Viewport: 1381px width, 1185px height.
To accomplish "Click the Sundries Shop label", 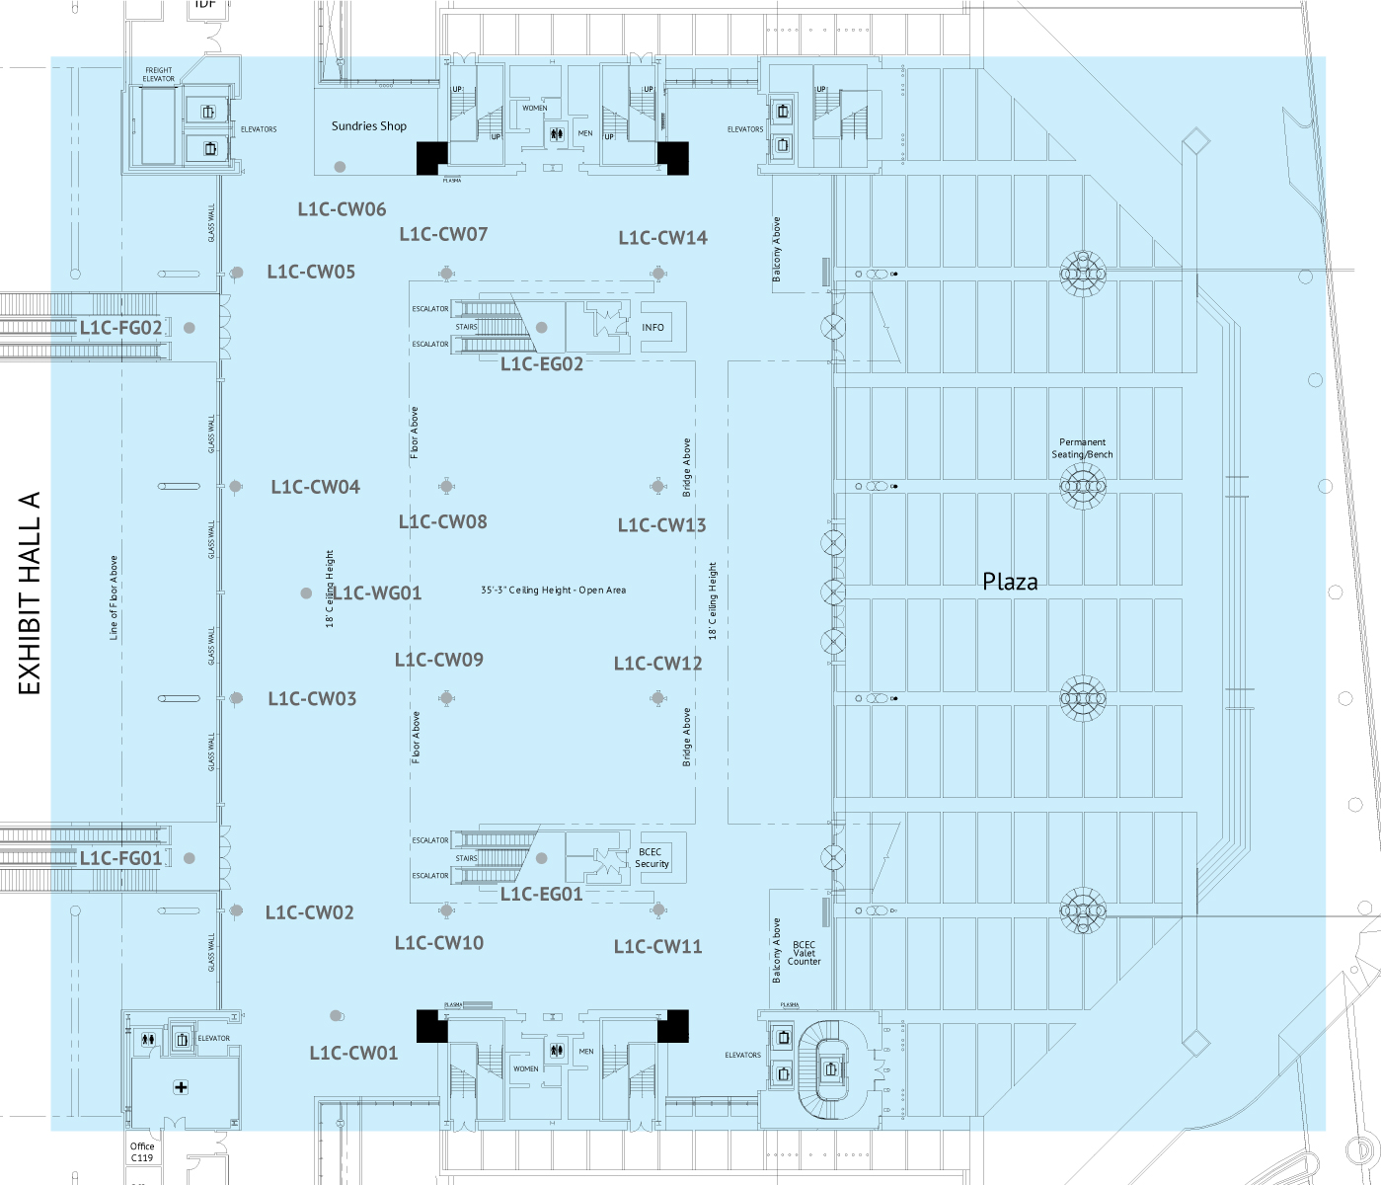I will (x=368, y=126).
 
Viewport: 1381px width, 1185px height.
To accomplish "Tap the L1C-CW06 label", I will (x=342, y=209).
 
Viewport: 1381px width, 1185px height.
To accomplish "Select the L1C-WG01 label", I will (x=377, y=593).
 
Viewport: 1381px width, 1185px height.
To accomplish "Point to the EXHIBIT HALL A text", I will (x=31, y=593).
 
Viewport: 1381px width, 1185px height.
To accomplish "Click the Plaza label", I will (x=1010, y=582).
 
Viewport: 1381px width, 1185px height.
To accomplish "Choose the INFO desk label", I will (x=652, y=328).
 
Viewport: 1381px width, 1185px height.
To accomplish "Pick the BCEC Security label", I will (x=652, y=857).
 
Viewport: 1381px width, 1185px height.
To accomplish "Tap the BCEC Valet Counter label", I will (x=804, y=953).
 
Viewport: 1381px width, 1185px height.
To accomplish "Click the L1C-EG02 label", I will (x=541, y=364).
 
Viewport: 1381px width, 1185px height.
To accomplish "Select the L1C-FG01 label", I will (x=120, y=858).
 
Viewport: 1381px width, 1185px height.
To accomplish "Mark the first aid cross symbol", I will (x=181, y=1087).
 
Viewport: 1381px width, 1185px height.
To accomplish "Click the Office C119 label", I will (x=142, y=1152).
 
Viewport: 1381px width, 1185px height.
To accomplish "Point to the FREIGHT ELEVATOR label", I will (x=158, y=75).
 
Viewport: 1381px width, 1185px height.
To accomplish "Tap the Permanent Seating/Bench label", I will (x=1082, y=448).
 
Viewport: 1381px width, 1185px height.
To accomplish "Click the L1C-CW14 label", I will (x=662, y=238).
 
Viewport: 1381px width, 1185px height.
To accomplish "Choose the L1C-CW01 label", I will (x=353, y=1054).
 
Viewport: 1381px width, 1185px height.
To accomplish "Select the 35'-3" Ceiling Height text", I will (x=553, y=591).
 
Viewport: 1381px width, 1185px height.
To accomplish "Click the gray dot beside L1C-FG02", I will (x=189, y=328).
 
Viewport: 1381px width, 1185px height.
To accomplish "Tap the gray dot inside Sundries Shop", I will (x=340, y=167).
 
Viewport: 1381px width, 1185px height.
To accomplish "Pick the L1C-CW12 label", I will (x=657, y=664).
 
